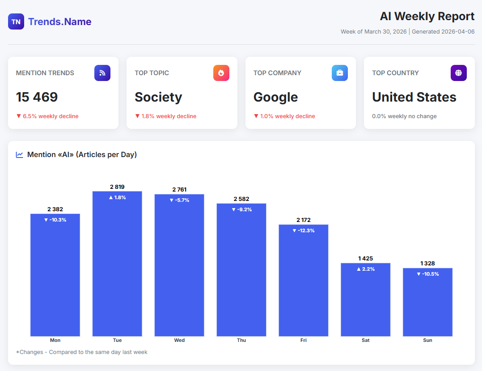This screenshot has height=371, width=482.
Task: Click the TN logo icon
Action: (x=16, y=21)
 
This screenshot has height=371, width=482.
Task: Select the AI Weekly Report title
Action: (x=427, y=16)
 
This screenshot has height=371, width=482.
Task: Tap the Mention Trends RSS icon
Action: (x=102, y=73)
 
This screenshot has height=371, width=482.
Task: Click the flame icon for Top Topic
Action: (x=221, y=73)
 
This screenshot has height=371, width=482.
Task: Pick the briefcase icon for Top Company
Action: (x=340, y=73)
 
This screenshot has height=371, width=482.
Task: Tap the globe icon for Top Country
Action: (x=459, y=73)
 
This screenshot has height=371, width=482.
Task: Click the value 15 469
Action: (x=37, y=97)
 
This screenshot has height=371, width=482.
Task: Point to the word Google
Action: (x=275, y=97)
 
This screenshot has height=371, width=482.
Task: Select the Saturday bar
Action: (x=365, y=300)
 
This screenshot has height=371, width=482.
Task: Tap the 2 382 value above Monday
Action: (x=55, y=209)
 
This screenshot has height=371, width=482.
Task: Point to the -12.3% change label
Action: (x=304, y=230)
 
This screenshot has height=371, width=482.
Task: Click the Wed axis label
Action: (x=179, y=340)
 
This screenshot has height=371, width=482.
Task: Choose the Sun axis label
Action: (x=427, y=340)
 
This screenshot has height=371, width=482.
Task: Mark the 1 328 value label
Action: (x=427, y=263)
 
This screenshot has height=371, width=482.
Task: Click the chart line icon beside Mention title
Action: (x=20, y=155)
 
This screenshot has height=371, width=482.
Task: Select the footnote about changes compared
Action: (x=82, y=352)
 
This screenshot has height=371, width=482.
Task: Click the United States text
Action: (x=414, y=97)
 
